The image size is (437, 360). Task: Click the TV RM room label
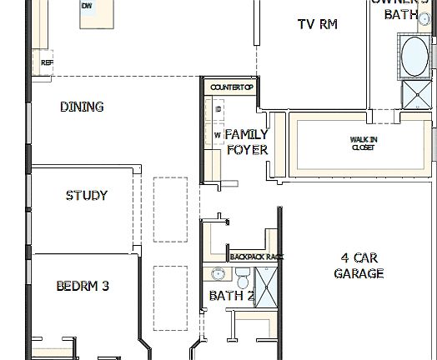click(317, 24)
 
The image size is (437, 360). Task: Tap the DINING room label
click(82, 107)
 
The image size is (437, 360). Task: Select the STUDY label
click(86, 196)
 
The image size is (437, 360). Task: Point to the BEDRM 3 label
click(83, 286)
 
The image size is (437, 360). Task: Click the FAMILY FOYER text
click(247, 142)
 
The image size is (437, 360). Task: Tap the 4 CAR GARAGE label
click(359, 265)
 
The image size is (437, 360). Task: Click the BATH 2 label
click(231, 296)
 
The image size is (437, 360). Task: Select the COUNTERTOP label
click(231, 87)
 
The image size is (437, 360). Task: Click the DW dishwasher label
click(87, 6)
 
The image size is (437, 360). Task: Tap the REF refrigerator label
click(47, 62)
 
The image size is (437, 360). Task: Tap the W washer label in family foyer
click(217, 134)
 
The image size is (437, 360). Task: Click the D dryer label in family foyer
click(218, 110)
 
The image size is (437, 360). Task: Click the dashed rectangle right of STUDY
click(170, 208)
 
